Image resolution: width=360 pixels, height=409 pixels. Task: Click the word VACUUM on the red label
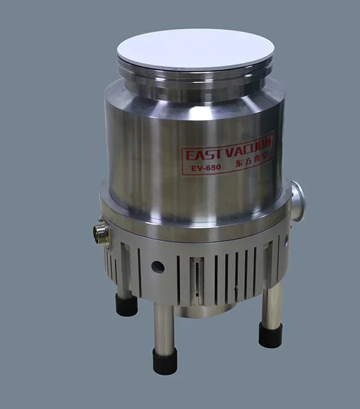(x=250, y=146)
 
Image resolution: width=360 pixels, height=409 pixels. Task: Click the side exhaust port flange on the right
(x=297, y=200)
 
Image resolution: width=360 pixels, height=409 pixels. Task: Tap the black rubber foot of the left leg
(x=127, y=305)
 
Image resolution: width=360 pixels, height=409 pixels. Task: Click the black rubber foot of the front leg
(x=165, y=361)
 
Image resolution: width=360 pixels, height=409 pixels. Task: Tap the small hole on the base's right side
(x=286, y=241)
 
